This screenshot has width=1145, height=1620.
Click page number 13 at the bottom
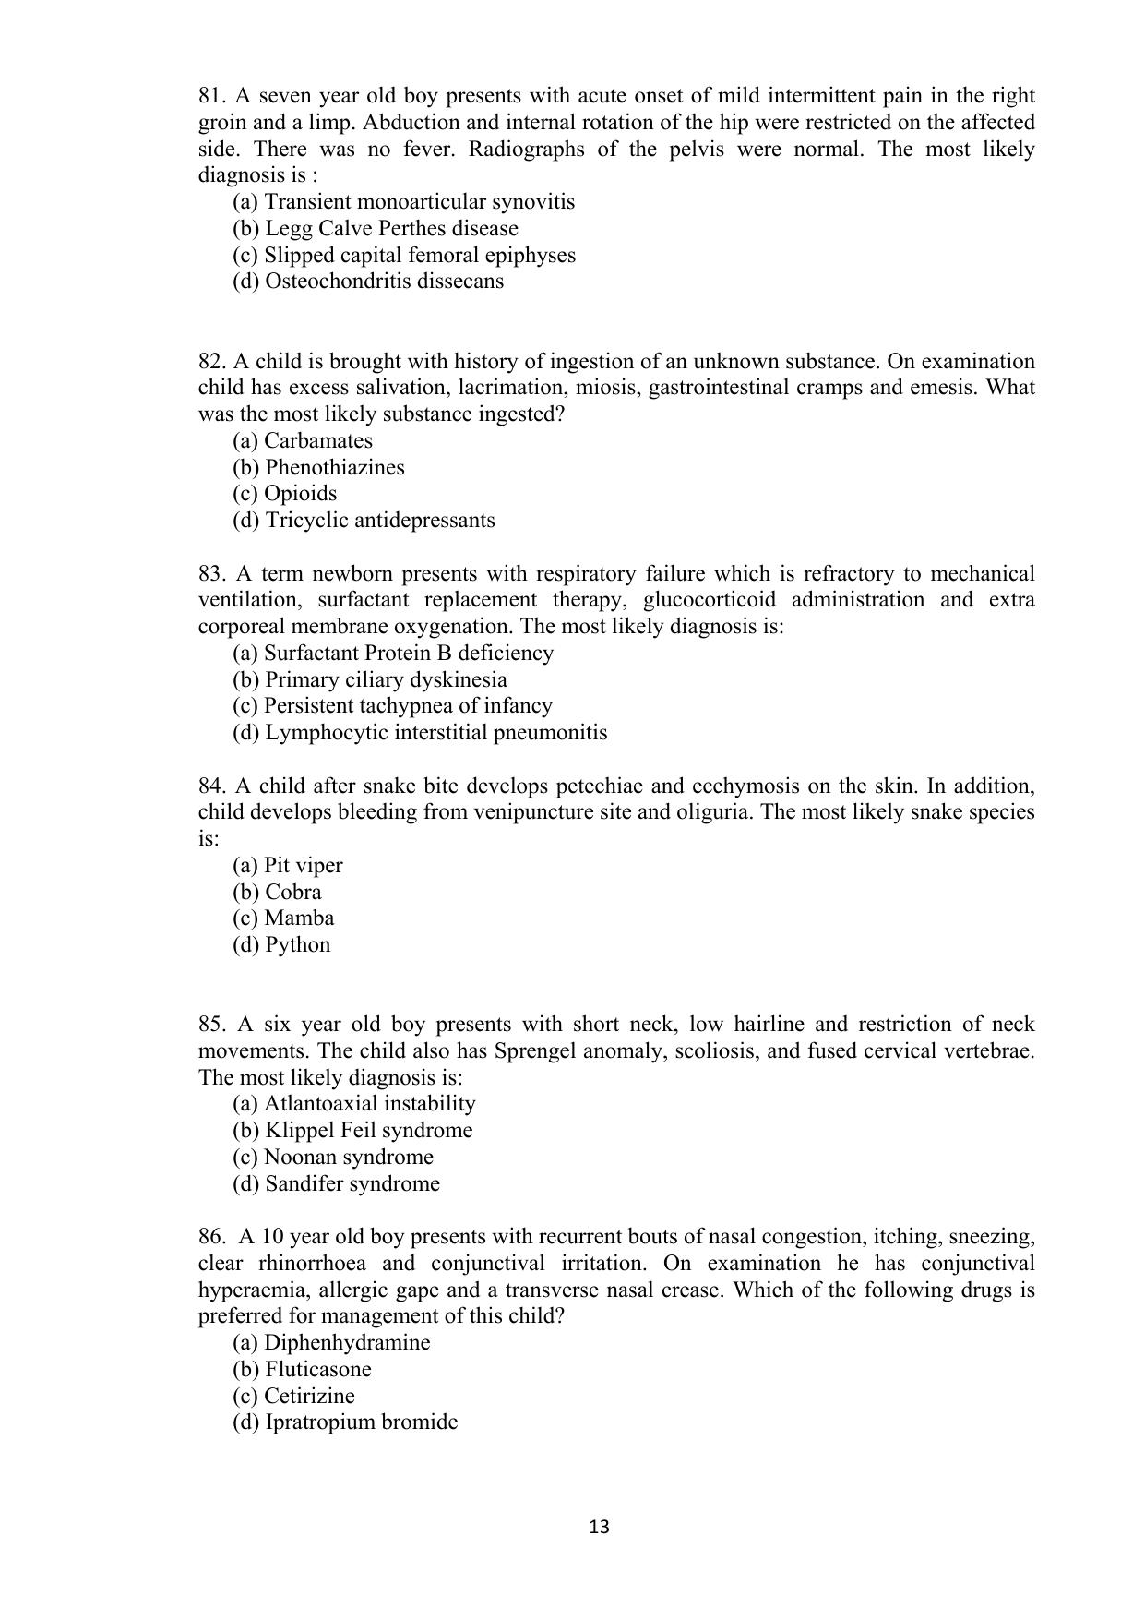(x=599, y=1528)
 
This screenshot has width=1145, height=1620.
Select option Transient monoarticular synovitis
(x=403, y=202)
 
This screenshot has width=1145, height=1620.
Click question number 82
(x=211, y=362)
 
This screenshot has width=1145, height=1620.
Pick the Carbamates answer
(x=303, y=441)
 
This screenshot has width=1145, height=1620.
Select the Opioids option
(x=284, y=494)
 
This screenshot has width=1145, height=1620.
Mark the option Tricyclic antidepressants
(x=364, y=521)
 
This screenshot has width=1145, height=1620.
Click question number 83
(x=211, y=574)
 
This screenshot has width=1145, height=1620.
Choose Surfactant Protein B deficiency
(x=393, y=654)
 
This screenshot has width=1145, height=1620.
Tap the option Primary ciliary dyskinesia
(x=369, y=680)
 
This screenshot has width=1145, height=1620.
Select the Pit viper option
(x=287, y=866)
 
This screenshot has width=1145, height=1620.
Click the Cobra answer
(x=277, y=893)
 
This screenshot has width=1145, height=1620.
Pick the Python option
(x=280, y=945)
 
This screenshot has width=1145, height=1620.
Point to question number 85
(x=211, y=1025)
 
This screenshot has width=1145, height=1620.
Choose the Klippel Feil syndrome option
(x=352, y=1131)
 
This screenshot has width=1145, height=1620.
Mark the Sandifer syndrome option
(x=336, y=1184)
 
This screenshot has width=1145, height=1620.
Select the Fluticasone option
(x=302, y=1370)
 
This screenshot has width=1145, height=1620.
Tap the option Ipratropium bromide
(x=345, y=1422)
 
